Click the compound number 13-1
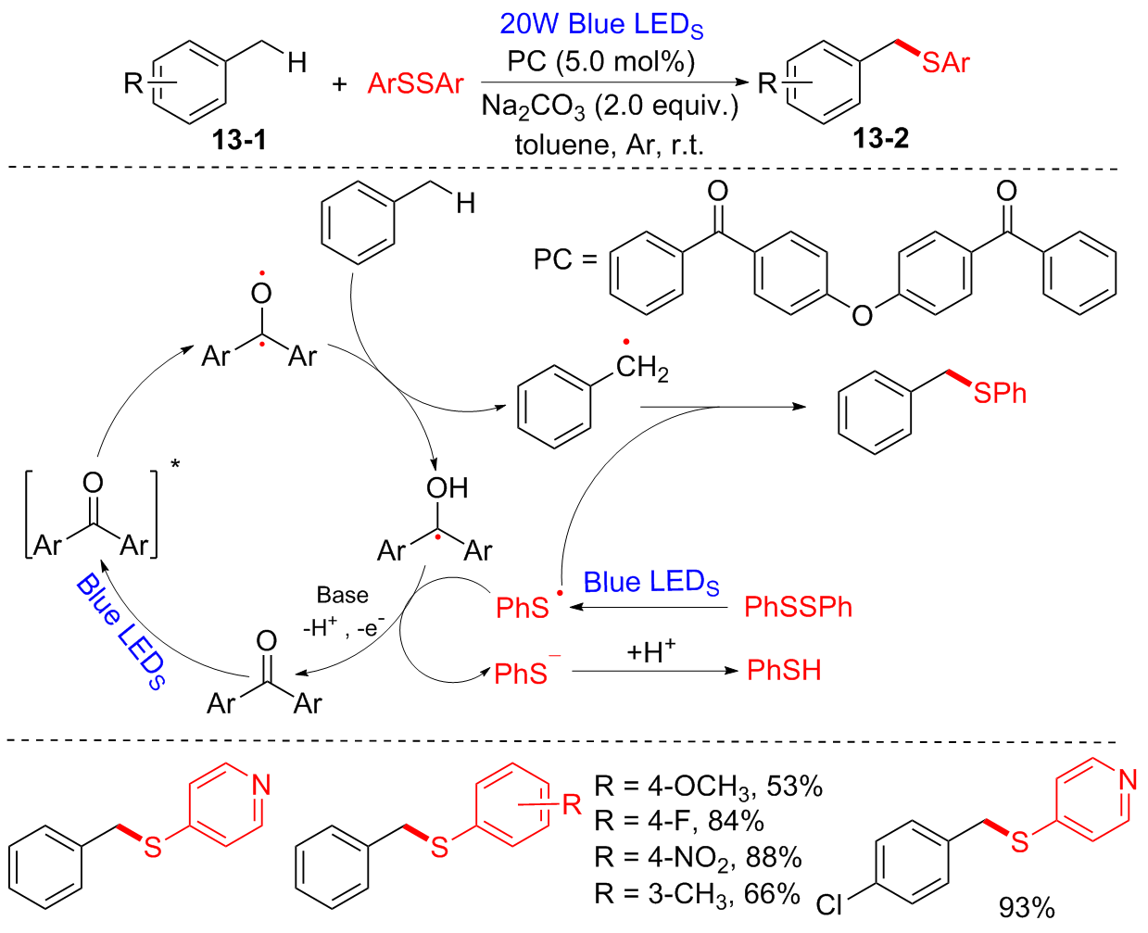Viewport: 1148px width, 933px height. pos(238,140)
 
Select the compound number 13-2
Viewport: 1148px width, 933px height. pos(880,139)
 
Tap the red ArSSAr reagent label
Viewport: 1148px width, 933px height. pos(415,84)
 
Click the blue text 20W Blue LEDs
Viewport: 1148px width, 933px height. pos(601,24)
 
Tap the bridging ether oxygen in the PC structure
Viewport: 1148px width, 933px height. pos(862,316)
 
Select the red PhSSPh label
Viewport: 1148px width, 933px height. pos(798,608)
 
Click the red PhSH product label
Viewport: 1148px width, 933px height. pos(784,670)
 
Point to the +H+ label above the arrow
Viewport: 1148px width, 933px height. pos(650,651)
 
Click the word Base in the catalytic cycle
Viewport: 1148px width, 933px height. pos(342,595)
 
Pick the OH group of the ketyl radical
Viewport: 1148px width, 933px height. pos(447,488)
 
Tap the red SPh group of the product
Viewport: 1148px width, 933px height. pos(1000,394)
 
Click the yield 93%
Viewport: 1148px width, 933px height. pos(1027,907)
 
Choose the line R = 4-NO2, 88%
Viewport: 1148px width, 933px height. pos(698,857)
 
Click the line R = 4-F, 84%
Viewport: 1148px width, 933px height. pos(678,821)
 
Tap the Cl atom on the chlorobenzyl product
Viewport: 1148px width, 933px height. pos(830,904)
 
